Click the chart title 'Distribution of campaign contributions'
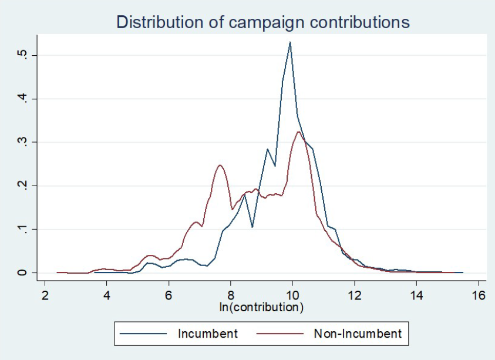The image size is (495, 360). [x=262, y=22]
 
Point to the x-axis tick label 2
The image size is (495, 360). [x=45, y=294]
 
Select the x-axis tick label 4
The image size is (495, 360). [x=107, y=294]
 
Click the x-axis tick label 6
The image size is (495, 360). [x=169, y=294]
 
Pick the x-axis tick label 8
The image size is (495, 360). [x=231, y=294]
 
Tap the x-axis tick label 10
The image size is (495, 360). [x=292, y=294]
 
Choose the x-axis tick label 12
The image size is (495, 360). [x=355, y=294]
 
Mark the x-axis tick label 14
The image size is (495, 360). [x=416, y=294]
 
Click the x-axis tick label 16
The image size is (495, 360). [x=479, y=294]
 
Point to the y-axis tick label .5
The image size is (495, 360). [x=22, y=55]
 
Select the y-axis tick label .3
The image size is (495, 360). [x=22, y=142]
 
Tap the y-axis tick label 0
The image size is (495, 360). [x=22, y=272]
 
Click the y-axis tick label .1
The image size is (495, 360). [x=22, y=229]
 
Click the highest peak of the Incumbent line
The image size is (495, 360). [x=290, y=42]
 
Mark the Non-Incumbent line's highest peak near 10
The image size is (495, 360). [x=299, y=132]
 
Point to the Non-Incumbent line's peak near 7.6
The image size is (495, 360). [x=220, y=165]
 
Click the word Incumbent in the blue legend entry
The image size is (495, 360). [x=208, y=334]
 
